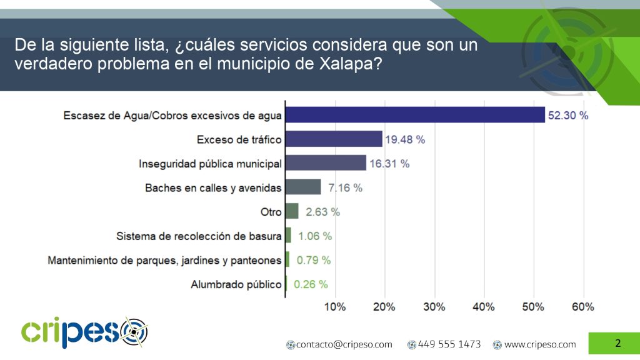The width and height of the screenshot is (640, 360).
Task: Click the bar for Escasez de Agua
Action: (x=415, y=114)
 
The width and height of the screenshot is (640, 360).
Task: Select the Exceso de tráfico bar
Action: (x=334, y=139)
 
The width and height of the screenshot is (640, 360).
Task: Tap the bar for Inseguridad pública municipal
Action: (x=326, y=163)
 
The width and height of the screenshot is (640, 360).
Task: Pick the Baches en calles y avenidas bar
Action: (x=303, y=187)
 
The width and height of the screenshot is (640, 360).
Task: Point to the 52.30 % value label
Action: (x=568, y=116)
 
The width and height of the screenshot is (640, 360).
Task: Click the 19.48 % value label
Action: (x=405, y=140)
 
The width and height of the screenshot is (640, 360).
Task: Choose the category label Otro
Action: (x=271, y=212)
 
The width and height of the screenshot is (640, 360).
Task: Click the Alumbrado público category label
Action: (x=236, y=284)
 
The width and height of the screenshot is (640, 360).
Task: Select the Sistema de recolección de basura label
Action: (x=199, y=236)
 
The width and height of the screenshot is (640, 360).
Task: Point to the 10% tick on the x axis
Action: (x=335, y=307)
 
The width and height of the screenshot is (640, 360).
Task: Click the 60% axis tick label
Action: (x=582, y=307)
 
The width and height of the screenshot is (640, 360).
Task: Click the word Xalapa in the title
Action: (x=347, y=64)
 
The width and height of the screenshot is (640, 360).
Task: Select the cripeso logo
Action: (x=84, y=331)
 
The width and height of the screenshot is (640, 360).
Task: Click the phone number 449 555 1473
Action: (x=449, y=344)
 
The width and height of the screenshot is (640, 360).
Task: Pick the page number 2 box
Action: (x=617, y=343)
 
